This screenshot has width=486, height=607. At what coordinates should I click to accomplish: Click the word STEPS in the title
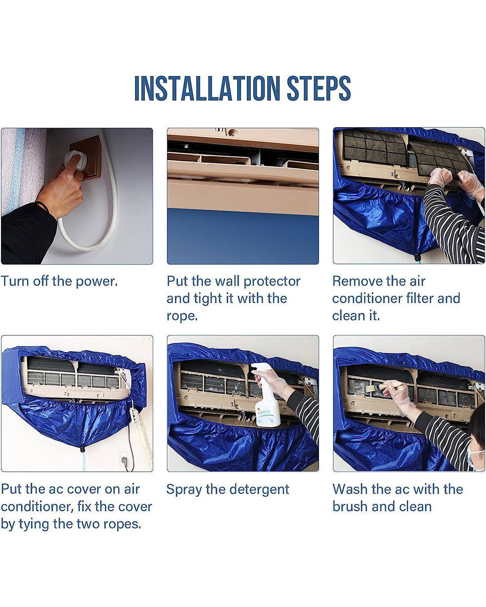pyautogui.click(x=319, y=88)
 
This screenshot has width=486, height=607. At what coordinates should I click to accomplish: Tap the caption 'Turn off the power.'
pyautogui.click(x=59, y=281)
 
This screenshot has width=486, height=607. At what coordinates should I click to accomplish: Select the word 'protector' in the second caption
pyautogui.click(x=272, y=281)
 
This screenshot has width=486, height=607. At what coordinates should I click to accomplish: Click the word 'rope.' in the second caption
pyautogui.click(x=182, y=316)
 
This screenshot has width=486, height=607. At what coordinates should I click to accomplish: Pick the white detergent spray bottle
pyautogui.click(x=265, y=400)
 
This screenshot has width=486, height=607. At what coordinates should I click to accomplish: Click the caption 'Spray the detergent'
pyautogui.click(x=227, y=489)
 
